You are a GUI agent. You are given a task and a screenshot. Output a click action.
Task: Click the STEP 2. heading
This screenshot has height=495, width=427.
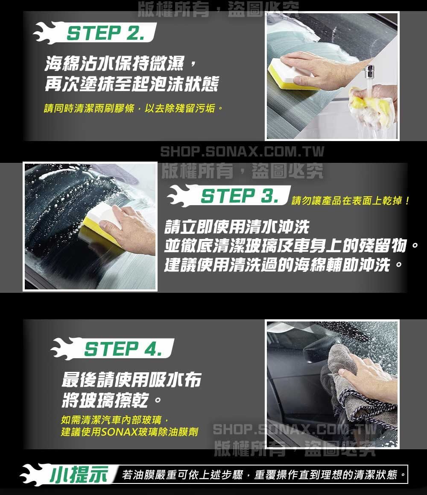pyautogui.click(x=106, y=33)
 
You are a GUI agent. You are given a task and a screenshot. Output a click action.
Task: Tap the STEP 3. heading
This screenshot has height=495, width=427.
pyautogui.click(x=240, y=196)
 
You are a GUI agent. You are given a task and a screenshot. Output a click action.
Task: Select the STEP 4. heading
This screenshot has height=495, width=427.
pyautogui.click(x=123, y=349)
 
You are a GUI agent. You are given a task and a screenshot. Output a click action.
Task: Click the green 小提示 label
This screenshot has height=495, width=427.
pyautogui.click(x=79, y=474)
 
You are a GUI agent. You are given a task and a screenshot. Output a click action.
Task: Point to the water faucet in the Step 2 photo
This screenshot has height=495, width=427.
pyautogui.click(x=369, y=72)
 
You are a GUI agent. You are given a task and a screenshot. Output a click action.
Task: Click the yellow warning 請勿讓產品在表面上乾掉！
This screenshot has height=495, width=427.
pyautogui.click(x=351, y=200)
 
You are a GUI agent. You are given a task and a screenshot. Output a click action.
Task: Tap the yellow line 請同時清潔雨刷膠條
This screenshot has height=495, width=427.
pyautogui.click(x=89, y=108)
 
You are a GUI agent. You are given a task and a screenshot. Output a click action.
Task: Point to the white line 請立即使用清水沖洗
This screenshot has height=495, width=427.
pyautogui.click(x=237, y=227)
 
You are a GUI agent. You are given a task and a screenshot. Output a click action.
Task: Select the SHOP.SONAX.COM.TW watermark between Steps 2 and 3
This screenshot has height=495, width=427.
pyautogui.click(x=242, y=151)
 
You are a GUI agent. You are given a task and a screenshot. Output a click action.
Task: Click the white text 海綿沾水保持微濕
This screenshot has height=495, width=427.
pyautogui.click(x=115, y=63)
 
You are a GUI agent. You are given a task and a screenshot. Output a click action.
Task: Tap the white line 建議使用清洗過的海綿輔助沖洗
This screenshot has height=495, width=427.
pyautogui.click(x=278, y=265)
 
